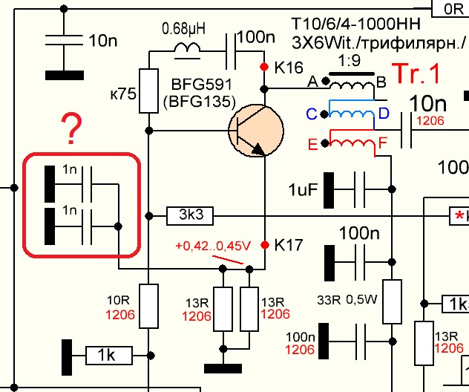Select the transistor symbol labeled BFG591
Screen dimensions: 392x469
(x=255, y=131)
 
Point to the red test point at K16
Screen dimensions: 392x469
(x=264, y=68)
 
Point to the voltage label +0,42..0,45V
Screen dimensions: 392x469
(x=213, y=246)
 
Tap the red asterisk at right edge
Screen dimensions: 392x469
(x=459, y=216)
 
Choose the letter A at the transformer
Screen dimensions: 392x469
(x=312, y=81)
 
